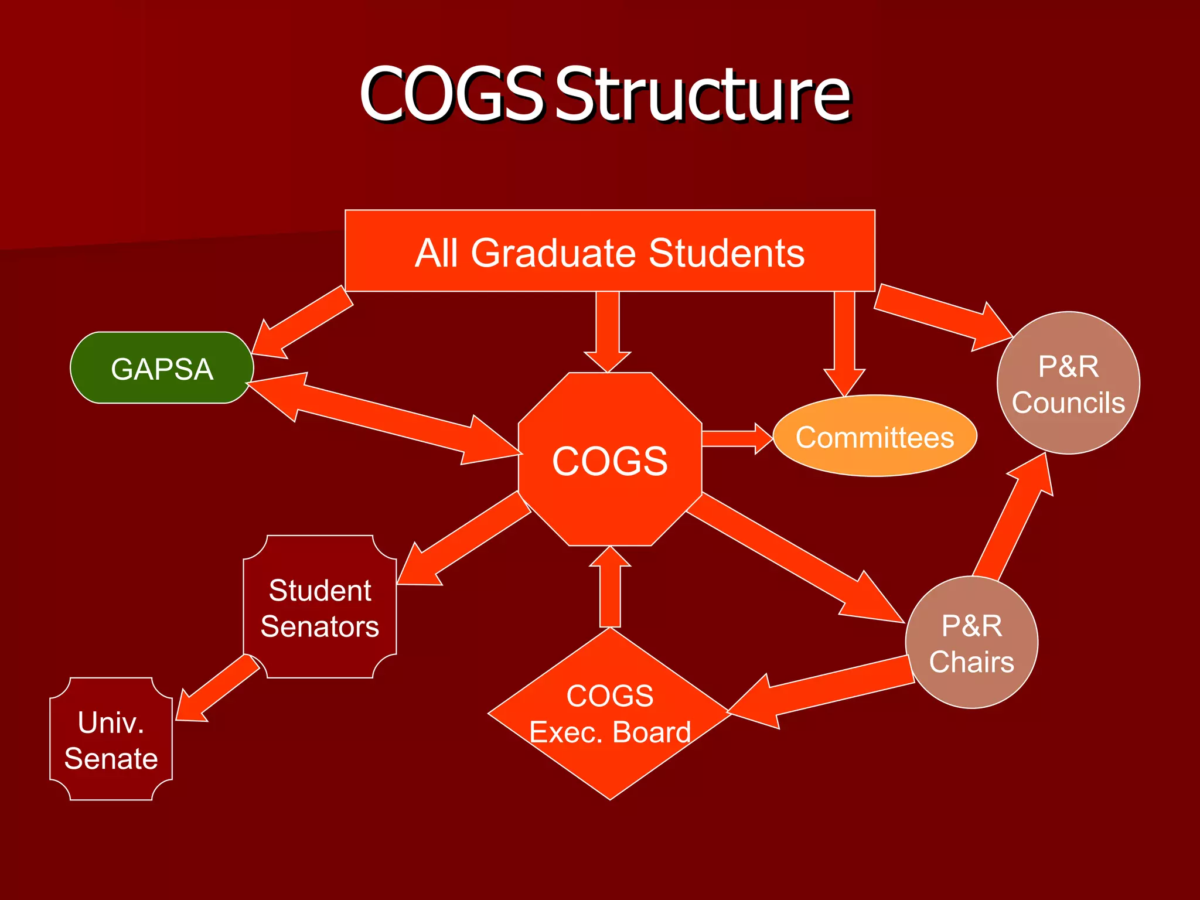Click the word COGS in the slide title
451,95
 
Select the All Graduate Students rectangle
609,252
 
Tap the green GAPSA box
162,368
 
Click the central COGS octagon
609,460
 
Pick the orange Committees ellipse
874,437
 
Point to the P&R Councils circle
1068,383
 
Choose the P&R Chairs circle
971,643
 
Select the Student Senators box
320,607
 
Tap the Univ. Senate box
111,739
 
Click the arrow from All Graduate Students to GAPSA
302,322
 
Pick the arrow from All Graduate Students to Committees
844,340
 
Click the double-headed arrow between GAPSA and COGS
384,418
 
